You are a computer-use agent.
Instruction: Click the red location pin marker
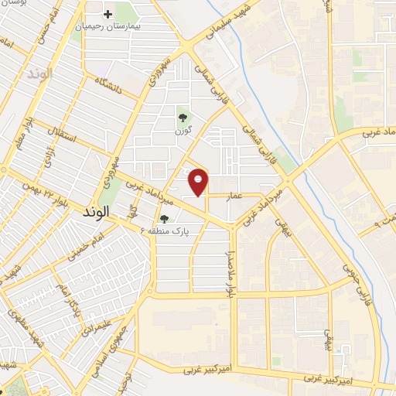pos(199,181)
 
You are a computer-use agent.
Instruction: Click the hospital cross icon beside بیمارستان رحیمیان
pos(108,15)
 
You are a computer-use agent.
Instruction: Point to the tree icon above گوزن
pos(183,118)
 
